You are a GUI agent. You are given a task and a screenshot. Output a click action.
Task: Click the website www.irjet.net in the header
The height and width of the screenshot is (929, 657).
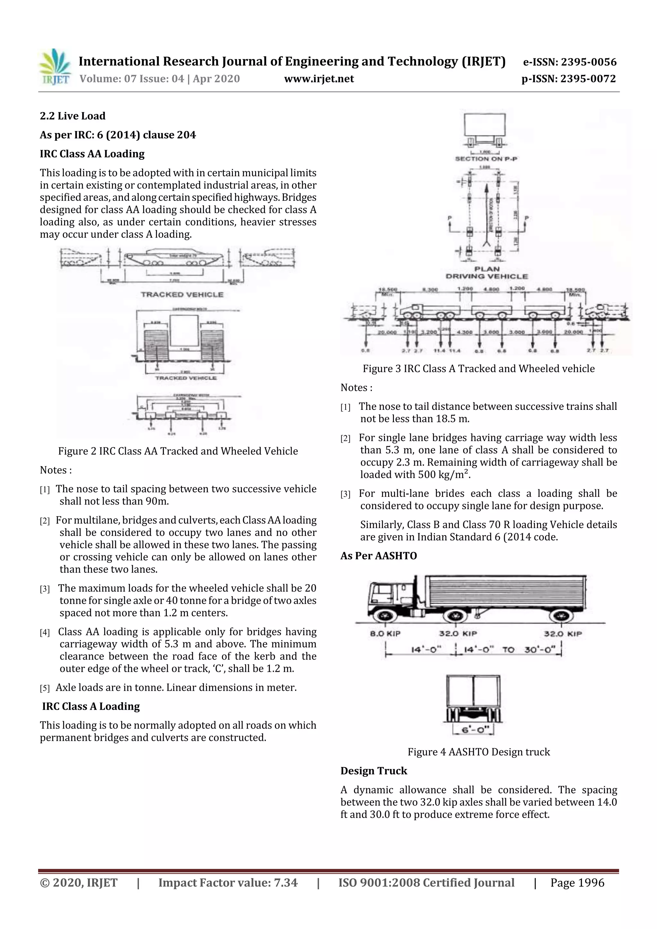pyautogui.click(x=319, y=79)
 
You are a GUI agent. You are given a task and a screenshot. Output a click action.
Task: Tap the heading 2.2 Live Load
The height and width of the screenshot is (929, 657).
pyautogui.click(x=73, y=116)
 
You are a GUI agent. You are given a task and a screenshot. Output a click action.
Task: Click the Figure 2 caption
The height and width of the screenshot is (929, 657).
pyautogui.click(x=178, y=451)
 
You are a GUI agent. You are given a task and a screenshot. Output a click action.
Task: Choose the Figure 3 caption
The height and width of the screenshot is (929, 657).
pyautogui.click(x=479, y=368)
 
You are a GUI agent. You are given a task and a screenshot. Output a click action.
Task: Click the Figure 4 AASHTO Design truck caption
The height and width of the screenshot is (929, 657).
pyautogui.click(x=479, y=752)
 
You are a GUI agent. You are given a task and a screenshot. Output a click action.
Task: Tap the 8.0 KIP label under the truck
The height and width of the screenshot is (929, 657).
pyautogui.click(x=385, y=634)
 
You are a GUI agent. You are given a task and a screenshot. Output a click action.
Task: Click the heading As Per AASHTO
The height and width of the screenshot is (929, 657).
pyautogui.click(x=379, y=555)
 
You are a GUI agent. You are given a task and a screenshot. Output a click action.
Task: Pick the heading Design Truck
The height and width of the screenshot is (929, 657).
pyautogui.click(x=374, y=771)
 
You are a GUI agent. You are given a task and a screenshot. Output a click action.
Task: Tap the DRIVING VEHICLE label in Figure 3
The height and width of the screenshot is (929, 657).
pyautogui.click(x=487, y=276)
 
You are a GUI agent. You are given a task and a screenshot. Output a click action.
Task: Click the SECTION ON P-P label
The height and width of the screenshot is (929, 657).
pyautogui.click(x=486, y=159)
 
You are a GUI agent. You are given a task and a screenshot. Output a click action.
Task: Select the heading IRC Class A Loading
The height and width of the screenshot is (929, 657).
pyautogui.click(x=91, y=706)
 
